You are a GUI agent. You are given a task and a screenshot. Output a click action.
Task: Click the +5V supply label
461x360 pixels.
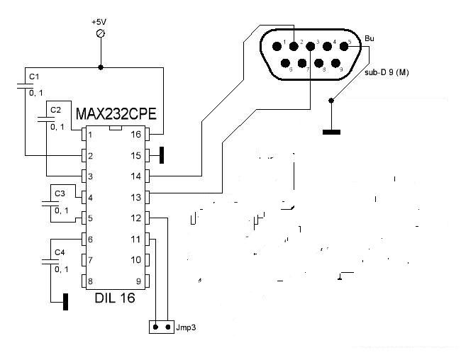(99, 22)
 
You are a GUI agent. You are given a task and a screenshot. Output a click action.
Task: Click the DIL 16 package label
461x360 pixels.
(116, 299)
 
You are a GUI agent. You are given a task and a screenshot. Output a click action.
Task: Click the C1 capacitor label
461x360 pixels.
(33, 75)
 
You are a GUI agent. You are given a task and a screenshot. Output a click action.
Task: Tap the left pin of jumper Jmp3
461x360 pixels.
(156, 327)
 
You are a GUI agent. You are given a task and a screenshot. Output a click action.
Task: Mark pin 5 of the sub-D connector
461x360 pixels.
(348, 44)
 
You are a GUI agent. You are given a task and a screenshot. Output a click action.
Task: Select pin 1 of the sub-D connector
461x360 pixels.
(285, 44)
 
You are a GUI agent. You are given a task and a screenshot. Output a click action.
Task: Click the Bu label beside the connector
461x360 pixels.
(369, 38)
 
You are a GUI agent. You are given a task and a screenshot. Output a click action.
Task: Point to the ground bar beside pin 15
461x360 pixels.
(162, 154)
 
